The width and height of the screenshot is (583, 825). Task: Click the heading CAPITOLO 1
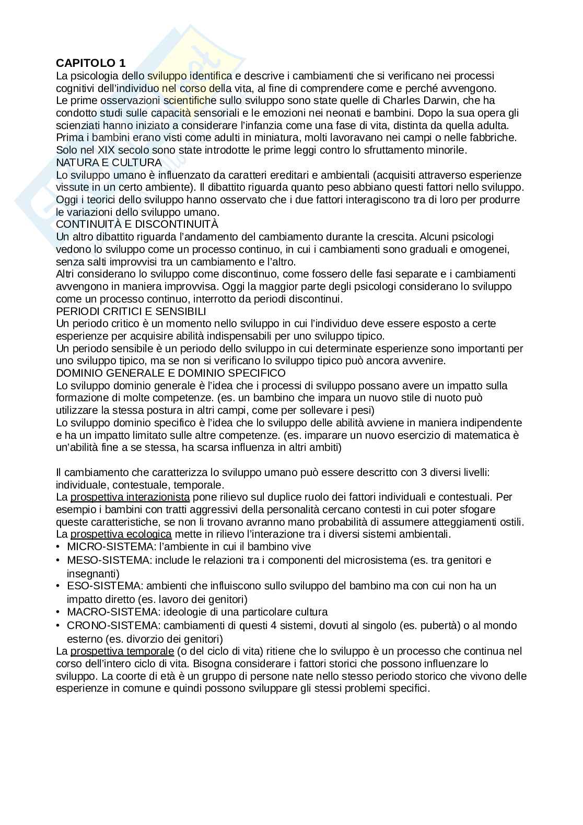click(91, 63)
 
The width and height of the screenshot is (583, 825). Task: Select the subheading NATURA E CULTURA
click(109, 162)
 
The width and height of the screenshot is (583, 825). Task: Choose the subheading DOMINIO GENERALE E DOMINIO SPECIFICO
click(171, 373)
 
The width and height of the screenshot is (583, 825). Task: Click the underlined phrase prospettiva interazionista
click(130, 497)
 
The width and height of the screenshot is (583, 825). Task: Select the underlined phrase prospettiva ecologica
click(121, 534)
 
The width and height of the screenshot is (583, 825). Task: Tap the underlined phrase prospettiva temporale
click(122, 651)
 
